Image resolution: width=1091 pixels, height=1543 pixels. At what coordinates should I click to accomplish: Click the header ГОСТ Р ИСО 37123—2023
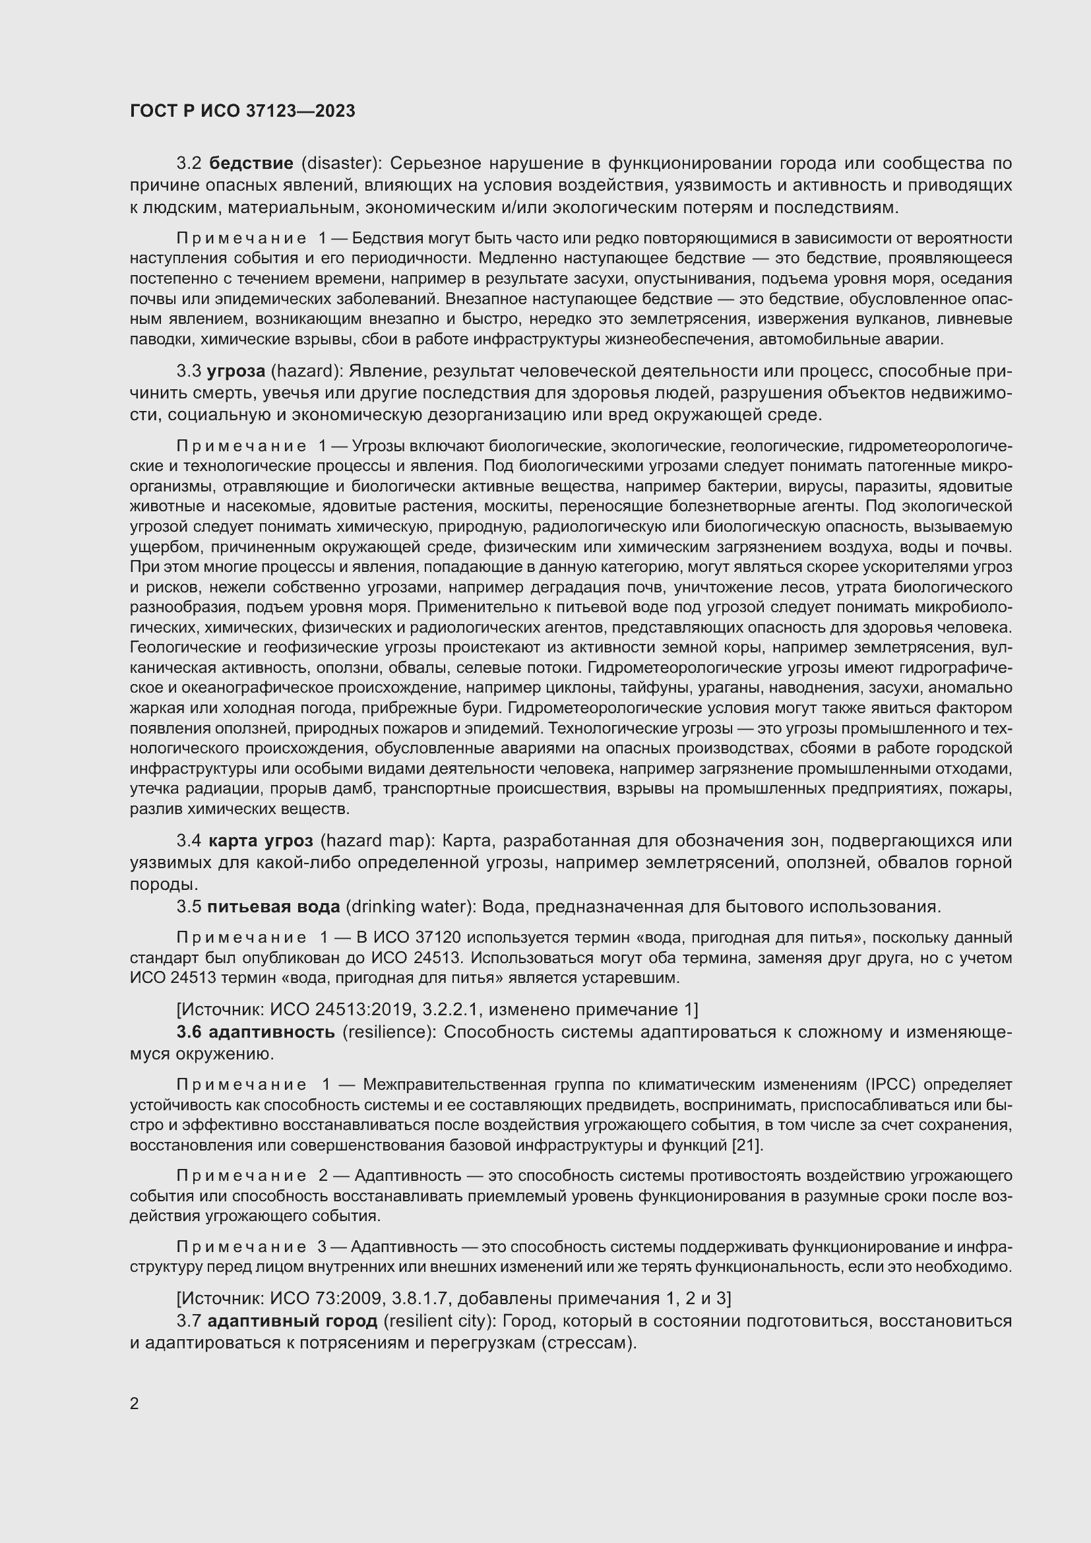pos(243,111)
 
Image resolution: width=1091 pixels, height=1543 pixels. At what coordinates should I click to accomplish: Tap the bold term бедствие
pos(251,164)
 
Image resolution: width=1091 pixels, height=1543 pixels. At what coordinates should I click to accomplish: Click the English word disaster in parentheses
pos(340,164)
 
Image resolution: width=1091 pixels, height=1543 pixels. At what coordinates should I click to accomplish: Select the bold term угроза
pos(235,371)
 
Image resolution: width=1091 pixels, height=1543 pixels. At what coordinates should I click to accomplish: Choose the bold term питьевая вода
pos(274,906)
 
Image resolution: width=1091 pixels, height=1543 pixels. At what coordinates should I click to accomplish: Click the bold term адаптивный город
pos(292,1321)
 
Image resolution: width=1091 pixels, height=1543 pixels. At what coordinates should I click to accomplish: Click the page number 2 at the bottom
pos(135,1403)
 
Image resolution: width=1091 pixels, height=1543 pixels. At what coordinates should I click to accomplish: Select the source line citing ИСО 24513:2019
pos(437,1009)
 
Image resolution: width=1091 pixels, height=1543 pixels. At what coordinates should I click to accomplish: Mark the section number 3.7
pos(189,1321)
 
